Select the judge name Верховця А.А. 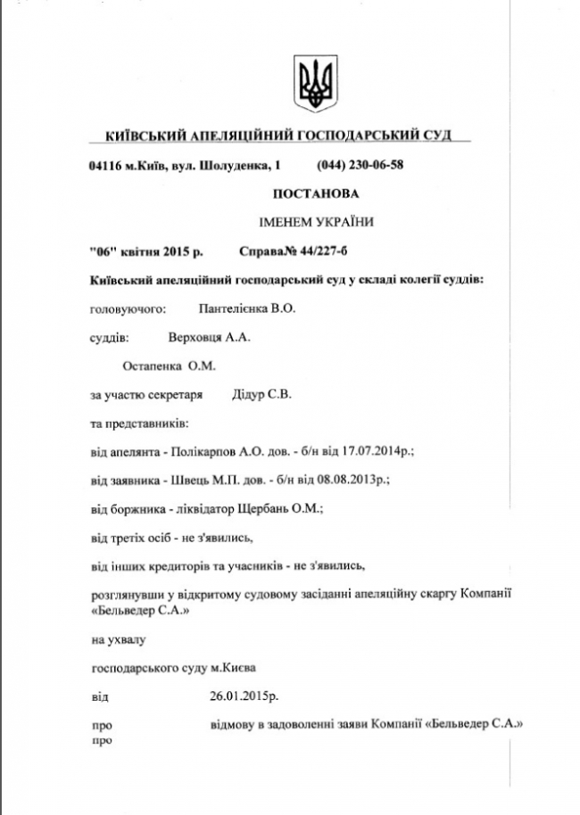coord(210,337)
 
